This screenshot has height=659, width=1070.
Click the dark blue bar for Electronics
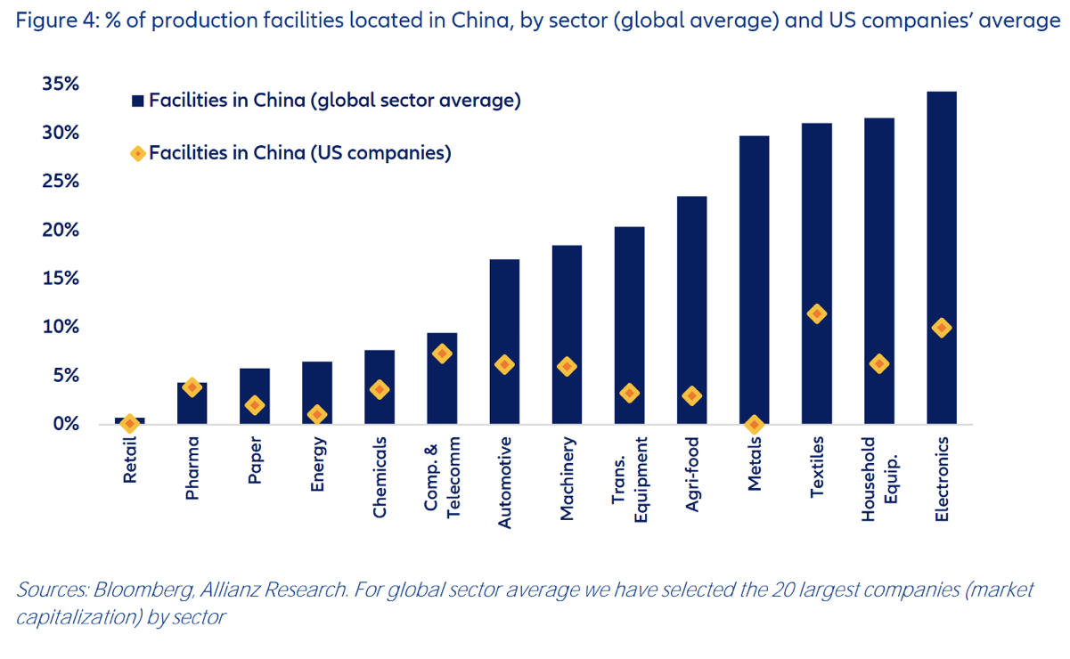click(942, 257)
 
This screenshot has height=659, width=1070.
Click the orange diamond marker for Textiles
click(816, 313)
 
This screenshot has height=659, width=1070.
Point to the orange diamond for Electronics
click(942, 328)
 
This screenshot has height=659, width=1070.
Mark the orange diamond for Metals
click(754, 424)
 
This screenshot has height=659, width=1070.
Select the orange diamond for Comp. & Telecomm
click(442, 354)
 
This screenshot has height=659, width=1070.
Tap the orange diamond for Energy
click(317, 414)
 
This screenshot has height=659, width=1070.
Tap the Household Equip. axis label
click(878, 478)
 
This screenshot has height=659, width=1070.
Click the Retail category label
click(130, 460)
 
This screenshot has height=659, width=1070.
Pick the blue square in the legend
click(138, 102)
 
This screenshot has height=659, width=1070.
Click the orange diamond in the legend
click(138, 153)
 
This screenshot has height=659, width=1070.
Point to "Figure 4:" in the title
click(53, 20)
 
